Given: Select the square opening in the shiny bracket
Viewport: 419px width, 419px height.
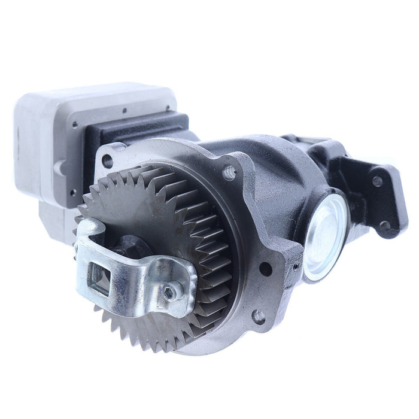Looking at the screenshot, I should [100, 278].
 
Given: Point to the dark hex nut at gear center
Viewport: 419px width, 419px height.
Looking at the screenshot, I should [128, 247].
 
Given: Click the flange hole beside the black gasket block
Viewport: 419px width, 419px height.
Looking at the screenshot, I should [108, 160].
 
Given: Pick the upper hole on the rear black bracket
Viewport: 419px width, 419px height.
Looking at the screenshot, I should [377, 181].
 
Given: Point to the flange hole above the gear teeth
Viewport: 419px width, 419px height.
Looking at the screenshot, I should [229, 173].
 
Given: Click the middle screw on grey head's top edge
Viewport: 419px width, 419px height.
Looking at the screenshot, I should [124, 110].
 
